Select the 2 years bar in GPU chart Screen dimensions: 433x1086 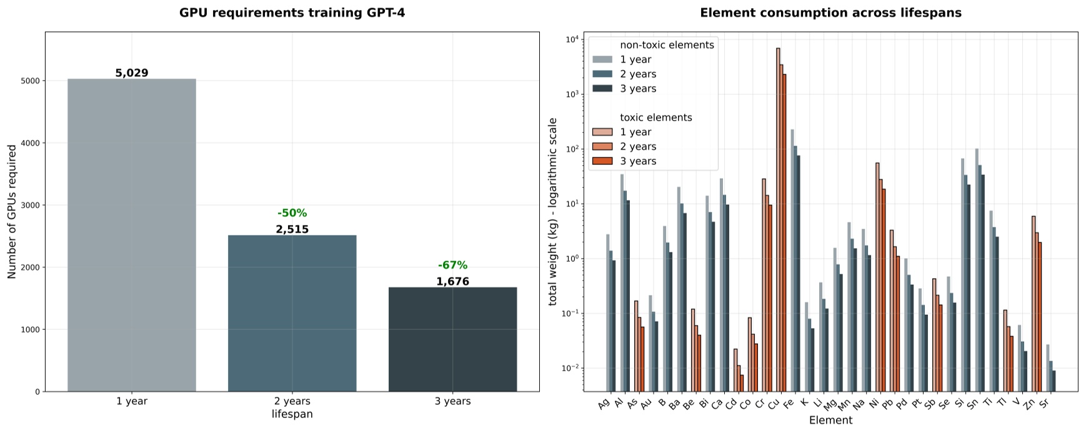click(x=292, y=313)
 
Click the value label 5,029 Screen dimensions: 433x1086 click(x=132, y=73)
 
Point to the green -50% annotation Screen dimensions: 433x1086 click(x=292, y=213)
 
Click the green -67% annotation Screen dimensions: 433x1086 click(x=452, y=265)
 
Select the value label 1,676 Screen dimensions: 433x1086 click(x=452, y=282)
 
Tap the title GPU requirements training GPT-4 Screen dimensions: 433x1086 click(x=292, y=12)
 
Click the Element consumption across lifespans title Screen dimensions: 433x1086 click(x=830, y=12)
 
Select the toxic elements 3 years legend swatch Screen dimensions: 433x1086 click(x=602, y=161)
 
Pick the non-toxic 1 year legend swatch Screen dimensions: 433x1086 click(x=602, y=59)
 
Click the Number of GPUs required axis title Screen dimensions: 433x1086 click(x=12, y=212)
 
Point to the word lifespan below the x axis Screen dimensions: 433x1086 click(x=292, y=414)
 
